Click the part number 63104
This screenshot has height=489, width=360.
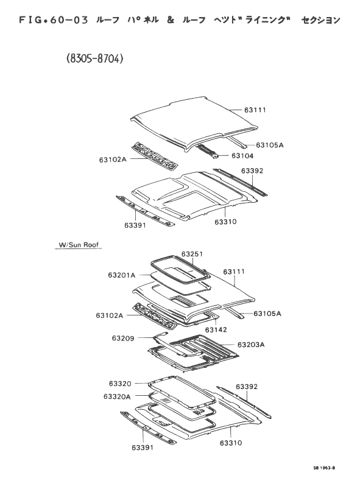tap(242, 156)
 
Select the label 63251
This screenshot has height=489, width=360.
tap(192, 254)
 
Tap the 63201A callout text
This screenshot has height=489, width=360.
tap(122, 275)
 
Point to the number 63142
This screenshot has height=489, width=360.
tap(216, 329)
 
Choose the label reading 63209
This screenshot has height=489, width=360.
tap(123, 338)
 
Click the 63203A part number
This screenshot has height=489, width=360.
tap(251, 345)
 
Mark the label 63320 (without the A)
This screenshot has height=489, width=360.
tap(120, 383)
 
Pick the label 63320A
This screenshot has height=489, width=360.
tap(117, 396)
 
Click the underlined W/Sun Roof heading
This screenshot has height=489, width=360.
tap(79, 245)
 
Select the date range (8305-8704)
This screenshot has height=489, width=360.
tap(95, 58)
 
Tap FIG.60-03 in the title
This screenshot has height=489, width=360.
tap(54, 20)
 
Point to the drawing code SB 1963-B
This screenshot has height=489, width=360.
tap(325, 468)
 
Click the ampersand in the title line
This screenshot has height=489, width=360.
tap(171, 20)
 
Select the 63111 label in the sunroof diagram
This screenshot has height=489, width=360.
tap(234, 272)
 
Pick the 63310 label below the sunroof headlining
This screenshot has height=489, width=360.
tap(230, 443)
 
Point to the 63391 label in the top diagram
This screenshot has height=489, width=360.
tap(135, 225)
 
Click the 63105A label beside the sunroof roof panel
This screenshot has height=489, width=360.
tap(267, 314)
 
